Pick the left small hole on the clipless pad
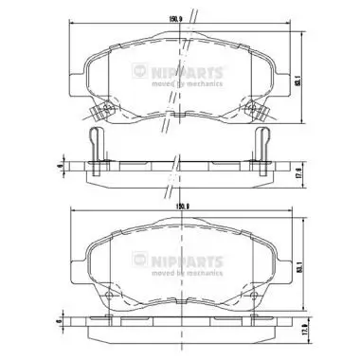108,295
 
